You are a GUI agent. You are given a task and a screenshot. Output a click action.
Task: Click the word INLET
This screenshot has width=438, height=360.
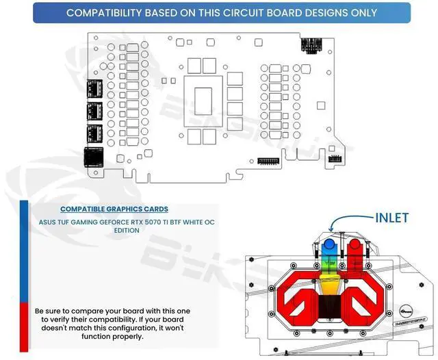click(x=391, y=218)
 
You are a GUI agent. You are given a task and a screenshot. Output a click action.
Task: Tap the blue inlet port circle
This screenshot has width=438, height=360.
click(x=329, y=244)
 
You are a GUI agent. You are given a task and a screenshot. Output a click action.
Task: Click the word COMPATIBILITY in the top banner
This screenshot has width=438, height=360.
click(x=110, y=12)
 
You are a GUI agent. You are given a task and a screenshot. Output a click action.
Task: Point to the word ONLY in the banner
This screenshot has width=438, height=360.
click(x=361, y=12)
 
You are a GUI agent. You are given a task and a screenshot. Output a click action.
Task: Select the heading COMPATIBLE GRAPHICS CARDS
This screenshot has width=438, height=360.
click(x=114, y=209)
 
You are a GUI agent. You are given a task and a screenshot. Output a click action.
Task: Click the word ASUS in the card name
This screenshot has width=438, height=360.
click(x=49, y=222)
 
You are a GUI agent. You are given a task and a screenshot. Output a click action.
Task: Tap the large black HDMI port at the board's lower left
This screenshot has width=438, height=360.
click(x=92, y=158)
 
